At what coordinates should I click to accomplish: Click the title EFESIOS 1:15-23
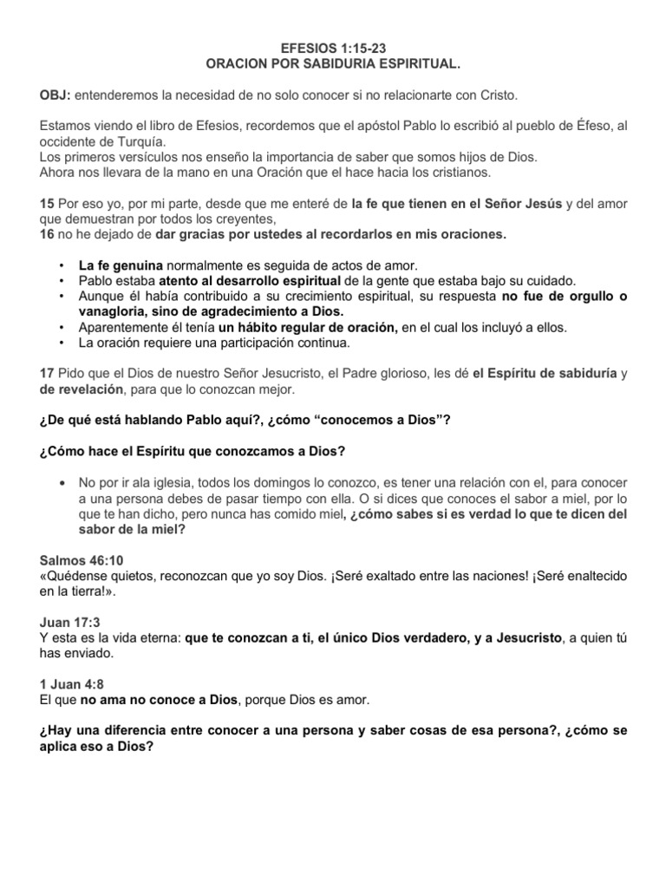[333, 50]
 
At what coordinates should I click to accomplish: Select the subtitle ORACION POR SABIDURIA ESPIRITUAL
[333, 65]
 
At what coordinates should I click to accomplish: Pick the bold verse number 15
[47, 203]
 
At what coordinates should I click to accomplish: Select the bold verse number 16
[47, 234]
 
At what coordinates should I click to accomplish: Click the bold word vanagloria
[116, 311]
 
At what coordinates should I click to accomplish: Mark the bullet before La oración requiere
[61, 343]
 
